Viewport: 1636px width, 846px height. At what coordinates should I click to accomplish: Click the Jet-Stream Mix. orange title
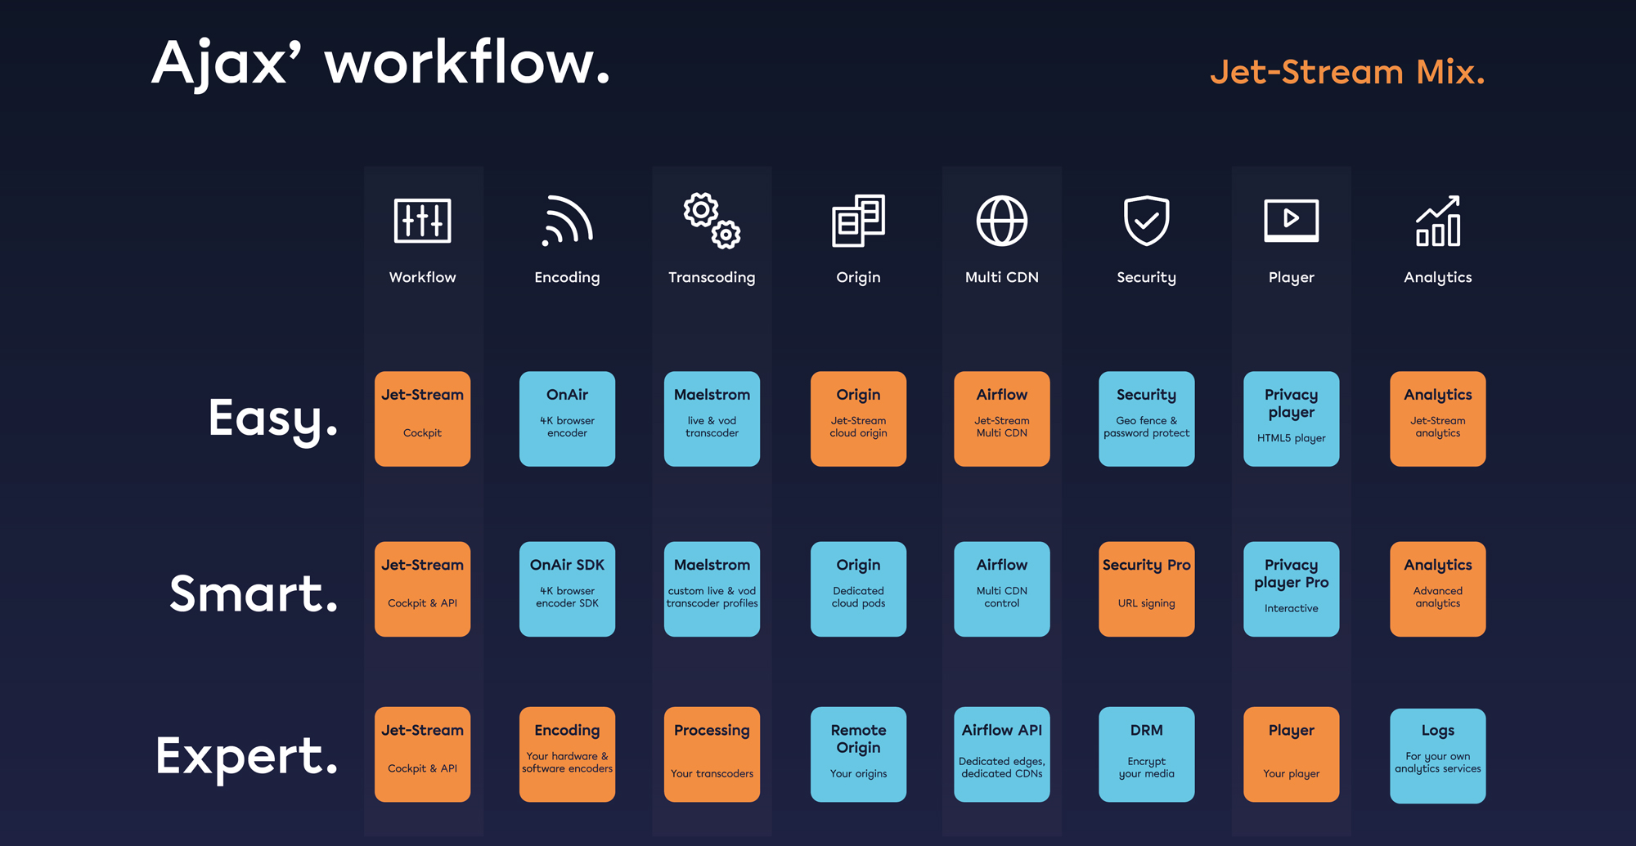[1347, 72]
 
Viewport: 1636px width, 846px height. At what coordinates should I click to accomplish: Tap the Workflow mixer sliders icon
[422, 221]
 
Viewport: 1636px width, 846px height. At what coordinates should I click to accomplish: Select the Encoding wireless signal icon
[567, 221]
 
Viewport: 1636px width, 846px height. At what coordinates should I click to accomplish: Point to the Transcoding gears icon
[712, 221]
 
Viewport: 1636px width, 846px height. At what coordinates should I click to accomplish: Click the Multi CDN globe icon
[1002, 221]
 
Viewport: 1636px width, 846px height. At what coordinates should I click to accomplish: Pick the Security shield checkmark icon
[1147, 221]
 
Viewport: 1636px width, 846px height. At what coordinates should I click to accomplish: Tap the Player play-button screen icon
[1292, 221]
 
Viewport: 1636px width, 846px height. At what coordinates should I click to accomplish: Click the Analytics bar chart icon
[1438, 221]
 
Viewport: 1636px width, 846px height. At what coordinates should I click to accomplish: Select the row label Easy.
[272, 419]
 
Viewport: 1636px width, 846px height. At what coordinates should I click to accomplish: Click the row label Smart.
[254, 593]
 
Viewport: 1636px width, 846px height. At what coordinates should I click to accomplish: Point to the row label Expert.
[246, 756]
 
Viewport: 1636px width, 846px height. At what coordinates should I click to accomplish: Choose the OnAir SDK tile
[567, 589]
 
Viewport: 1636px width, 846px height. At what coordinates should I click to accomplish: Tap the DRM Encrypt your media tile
[1147, 754]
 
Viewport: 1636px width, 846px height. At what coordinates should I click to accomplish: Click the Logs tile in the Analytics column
[1438, 755]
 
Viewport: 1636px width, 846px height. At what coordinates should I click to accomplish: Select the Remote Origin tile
[858, 754]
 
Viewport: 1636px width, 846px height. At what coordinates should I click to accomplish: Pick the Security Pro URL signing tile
[1147, 589]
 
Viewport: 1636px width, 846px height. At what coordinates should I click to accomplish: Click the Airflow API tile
[1002, 754]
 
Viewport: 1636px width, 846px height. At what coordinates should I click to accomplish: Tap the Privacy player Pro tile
[1292, 589]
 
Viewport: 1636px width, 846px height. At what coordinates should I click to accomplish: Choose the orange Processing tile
[712, 754]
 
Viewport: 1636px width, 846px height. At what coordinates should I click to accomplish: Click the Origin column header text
[858, 278]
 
